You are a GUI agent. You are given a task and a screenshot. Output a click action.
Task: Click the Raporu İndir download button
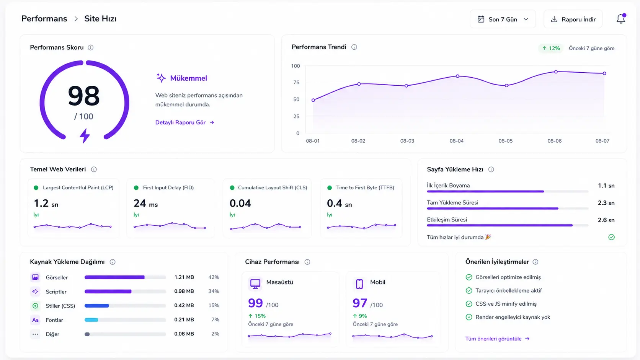coord(573,19)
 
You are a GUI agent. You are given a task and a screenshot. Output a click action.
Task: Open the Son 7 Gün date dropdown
coord(503,19)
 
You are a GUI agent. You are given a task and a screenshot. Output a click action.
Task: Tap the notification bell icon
coord(621,19)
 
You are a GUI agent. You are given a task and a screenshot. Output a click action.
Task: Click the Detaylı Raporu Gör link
coord(184,122)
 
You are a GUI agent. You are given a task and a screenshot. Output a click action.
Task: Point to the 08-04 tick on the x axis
coord(457,141)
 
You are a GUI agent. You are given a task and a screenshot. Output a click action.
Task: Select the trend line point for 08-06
coord(556,72)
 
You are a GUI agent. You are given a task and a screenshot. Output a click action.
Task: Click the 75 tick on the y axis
coord(296,83)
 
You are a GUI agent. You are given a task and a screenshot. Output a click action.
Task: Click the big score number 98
coord(84,96)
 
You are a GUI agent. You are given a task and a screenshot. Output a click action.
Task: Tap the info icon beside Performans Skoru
coord(91,48)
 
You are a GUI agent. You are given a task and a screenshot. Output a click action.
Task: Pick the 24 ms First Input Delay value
coord(145,204)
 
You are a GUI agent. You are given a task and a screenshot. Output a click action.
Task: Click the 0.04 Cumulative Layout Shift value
coord(240,203)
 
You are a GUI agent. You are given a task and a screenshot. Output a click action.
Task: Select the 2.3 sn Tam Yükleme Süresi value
coord(606,203)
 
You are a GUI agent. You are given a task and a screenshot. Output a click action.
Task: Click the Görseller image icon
coord(36,277)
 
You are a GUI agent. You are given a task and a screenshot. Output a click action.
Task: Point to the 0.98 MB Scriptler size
coord(184,291)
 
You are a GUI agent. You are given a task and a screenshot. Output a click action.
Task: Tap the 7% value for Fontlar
coord(215,319)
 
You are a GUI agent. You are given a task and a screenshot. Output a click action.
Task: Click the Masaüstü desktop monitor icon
coord(255,283)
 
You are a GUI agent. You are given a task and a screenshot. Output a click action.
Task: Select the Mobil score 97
coord(360,303)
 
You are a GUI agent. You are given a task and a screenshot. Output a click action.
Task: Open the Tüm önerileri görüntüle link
coord(498,339)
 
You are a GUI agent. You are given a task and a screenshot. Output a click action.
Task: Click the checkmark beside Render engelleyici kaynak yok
coord(469,317)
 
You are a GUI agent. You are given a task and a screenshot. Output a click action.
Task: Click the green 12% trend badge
coord(551,48)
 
